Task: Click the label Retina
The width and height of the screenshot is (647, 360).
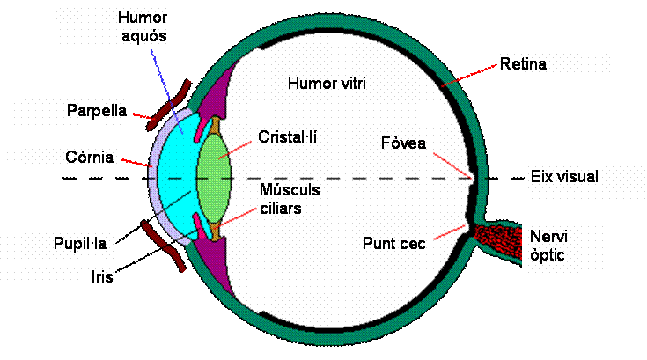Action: (524, 63)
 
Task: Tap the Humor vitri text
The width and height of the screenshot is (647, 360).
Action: (326, 84)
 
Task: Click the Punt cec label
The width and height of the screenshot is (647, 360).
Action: (393, 243)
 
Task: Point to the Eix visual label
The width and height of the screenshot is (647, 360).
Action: (564, 177)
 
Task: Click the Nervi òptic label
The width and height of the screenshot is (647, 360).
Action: (548, 246)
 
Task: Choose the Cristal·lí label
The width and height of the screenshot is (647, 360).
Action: (287, 137)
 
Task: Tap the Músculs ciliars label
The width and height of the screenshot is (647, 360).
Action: (290, 199)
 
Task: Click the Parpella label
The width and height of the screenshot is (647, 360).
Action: (96, 111)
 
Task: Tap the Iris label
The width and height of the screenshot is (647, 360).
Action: (103, 276)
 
